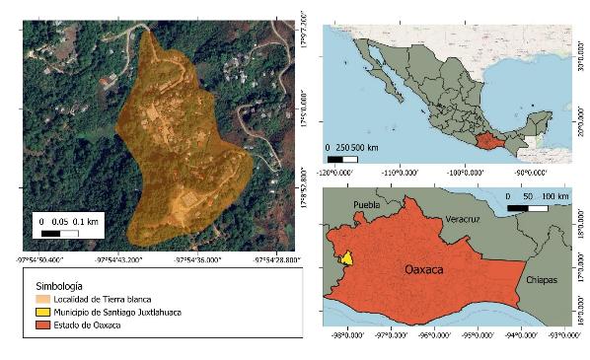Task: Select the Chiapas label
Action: point(542,279)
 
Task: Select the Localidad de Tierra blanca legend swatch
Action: point(39,297)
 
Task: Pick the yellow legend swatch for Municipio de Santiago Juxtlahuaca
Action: point(39,312)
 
